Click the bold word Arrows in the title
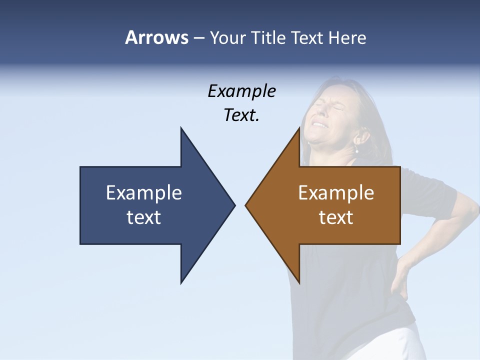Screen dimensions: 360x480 (x=156, y=37)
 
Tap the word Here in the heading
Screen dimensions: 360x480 (x=347, y=37)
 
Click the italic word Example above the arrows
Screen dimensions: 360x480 (x=241, y=91)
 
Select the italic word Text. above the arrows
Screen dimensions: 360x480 (x=241, y=115)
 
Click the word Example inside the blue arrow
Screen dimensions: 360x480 (x=144, y=192)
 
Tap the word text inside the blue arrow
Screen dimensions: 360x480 (x=144, y=217)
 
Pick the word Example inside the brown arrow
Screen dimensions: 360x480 (x=336, y=192)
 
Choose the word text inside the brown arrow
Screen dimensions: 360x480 (x=336, y=217)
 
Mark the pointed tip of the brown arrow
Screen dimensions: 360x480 (x=246, y=205)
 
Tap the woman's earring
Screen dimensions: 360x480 (x=357, y=150)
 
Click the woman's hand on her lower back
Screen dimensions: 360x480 (x=400, y=280)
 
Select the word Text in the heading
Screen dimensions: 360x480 (x=306, y=37)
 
